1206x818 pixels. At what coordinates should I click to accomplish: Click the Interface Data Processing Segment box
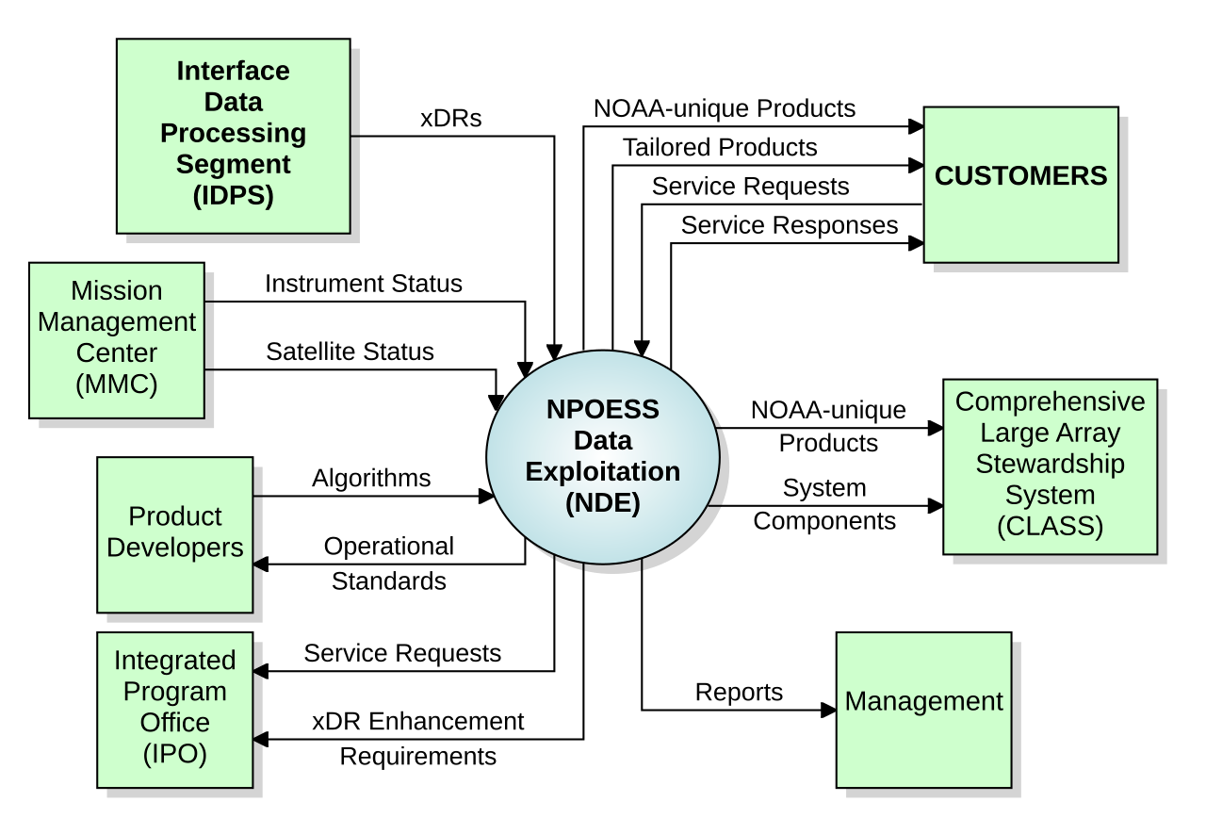[x=233, y=136]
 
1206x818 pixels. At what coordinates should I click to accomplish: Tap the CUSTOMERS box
[x=1020, y=185]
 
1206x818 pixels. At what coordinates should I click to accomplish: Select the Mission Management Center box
[x=116, y=340]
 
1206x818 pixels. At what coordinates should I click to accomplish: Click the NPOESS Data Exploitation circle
[x=603, y=457]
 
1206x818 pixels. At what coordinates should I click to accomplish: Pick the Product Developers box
[x=175, y=534]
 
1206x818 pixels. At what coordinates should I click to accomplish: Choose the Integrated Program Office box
[x=175, y=710]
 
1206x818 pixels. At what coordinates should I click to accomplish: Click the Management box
[x=923, y=710]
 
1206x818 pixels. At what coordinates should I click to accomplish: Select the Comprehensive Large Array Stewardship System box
[x=1050, y=467]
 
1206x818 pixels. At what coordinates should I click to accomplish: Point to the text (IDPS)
[x=233, y=196]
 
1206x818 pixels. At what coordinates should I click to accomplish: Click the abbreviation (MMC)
[x=116, y=384]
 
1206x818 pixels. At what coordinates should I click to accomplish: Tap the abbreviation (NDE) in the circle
[x=603, y=503]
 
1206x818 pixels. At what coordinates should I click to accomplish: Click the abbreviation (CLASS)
[x=1050, y=526]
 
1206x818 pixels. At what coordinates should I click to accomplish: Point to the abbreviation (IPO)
[x=175, y=754]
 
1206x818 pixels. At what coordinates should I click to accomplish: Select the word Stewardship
[x=1050, y=465]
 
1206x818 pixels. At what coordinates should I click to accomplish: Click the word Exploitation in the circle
[x=603, y=472]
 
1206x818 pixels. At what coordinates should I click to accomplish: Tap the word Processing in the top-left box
[x=233, y=133]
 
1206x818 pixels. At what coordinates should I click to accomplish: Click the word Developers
[x=175, y=548]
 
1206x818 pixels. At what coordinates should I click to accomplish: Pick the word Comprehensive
[x=1050, y=402]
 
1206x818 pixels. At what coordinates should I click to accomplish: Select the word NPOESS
[x=603, y=411]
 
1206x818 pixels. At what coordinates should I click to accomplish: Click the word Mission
[x=116, y=291]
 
